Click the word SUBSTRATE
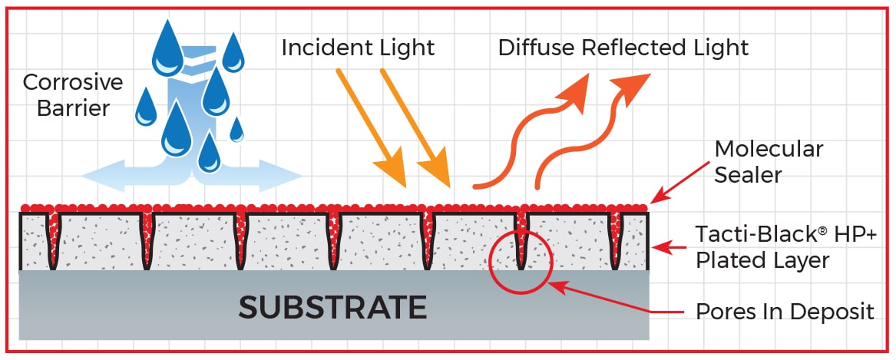click(x=332, y=307)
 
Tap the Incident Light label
click(x=358, y=48)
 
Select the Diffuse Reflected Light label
click(x=623, y=48)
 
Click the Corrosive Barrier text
click(x=67, y=94)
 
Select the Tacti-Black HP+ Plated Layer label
click(x=762, y=247)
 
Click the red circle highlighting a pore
click(x=521, y=262)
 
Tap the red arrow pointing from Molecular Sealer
click(x=680, y=183)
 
